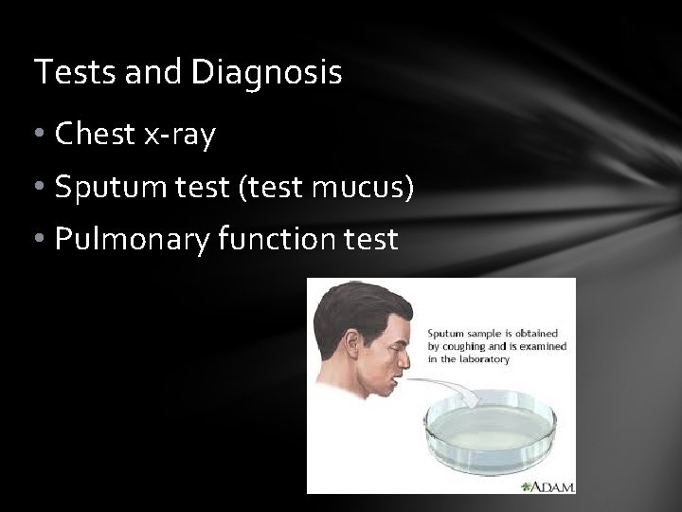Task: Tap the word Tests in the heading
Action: pos(63,72)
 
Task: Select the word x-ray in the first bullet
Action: pos(181,136)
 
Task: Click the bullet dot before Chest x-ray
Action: pos(42,137)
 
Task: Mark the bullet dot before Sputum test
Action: pos(42,189)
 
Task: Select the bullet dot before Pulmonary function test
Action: pos(42,241)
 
